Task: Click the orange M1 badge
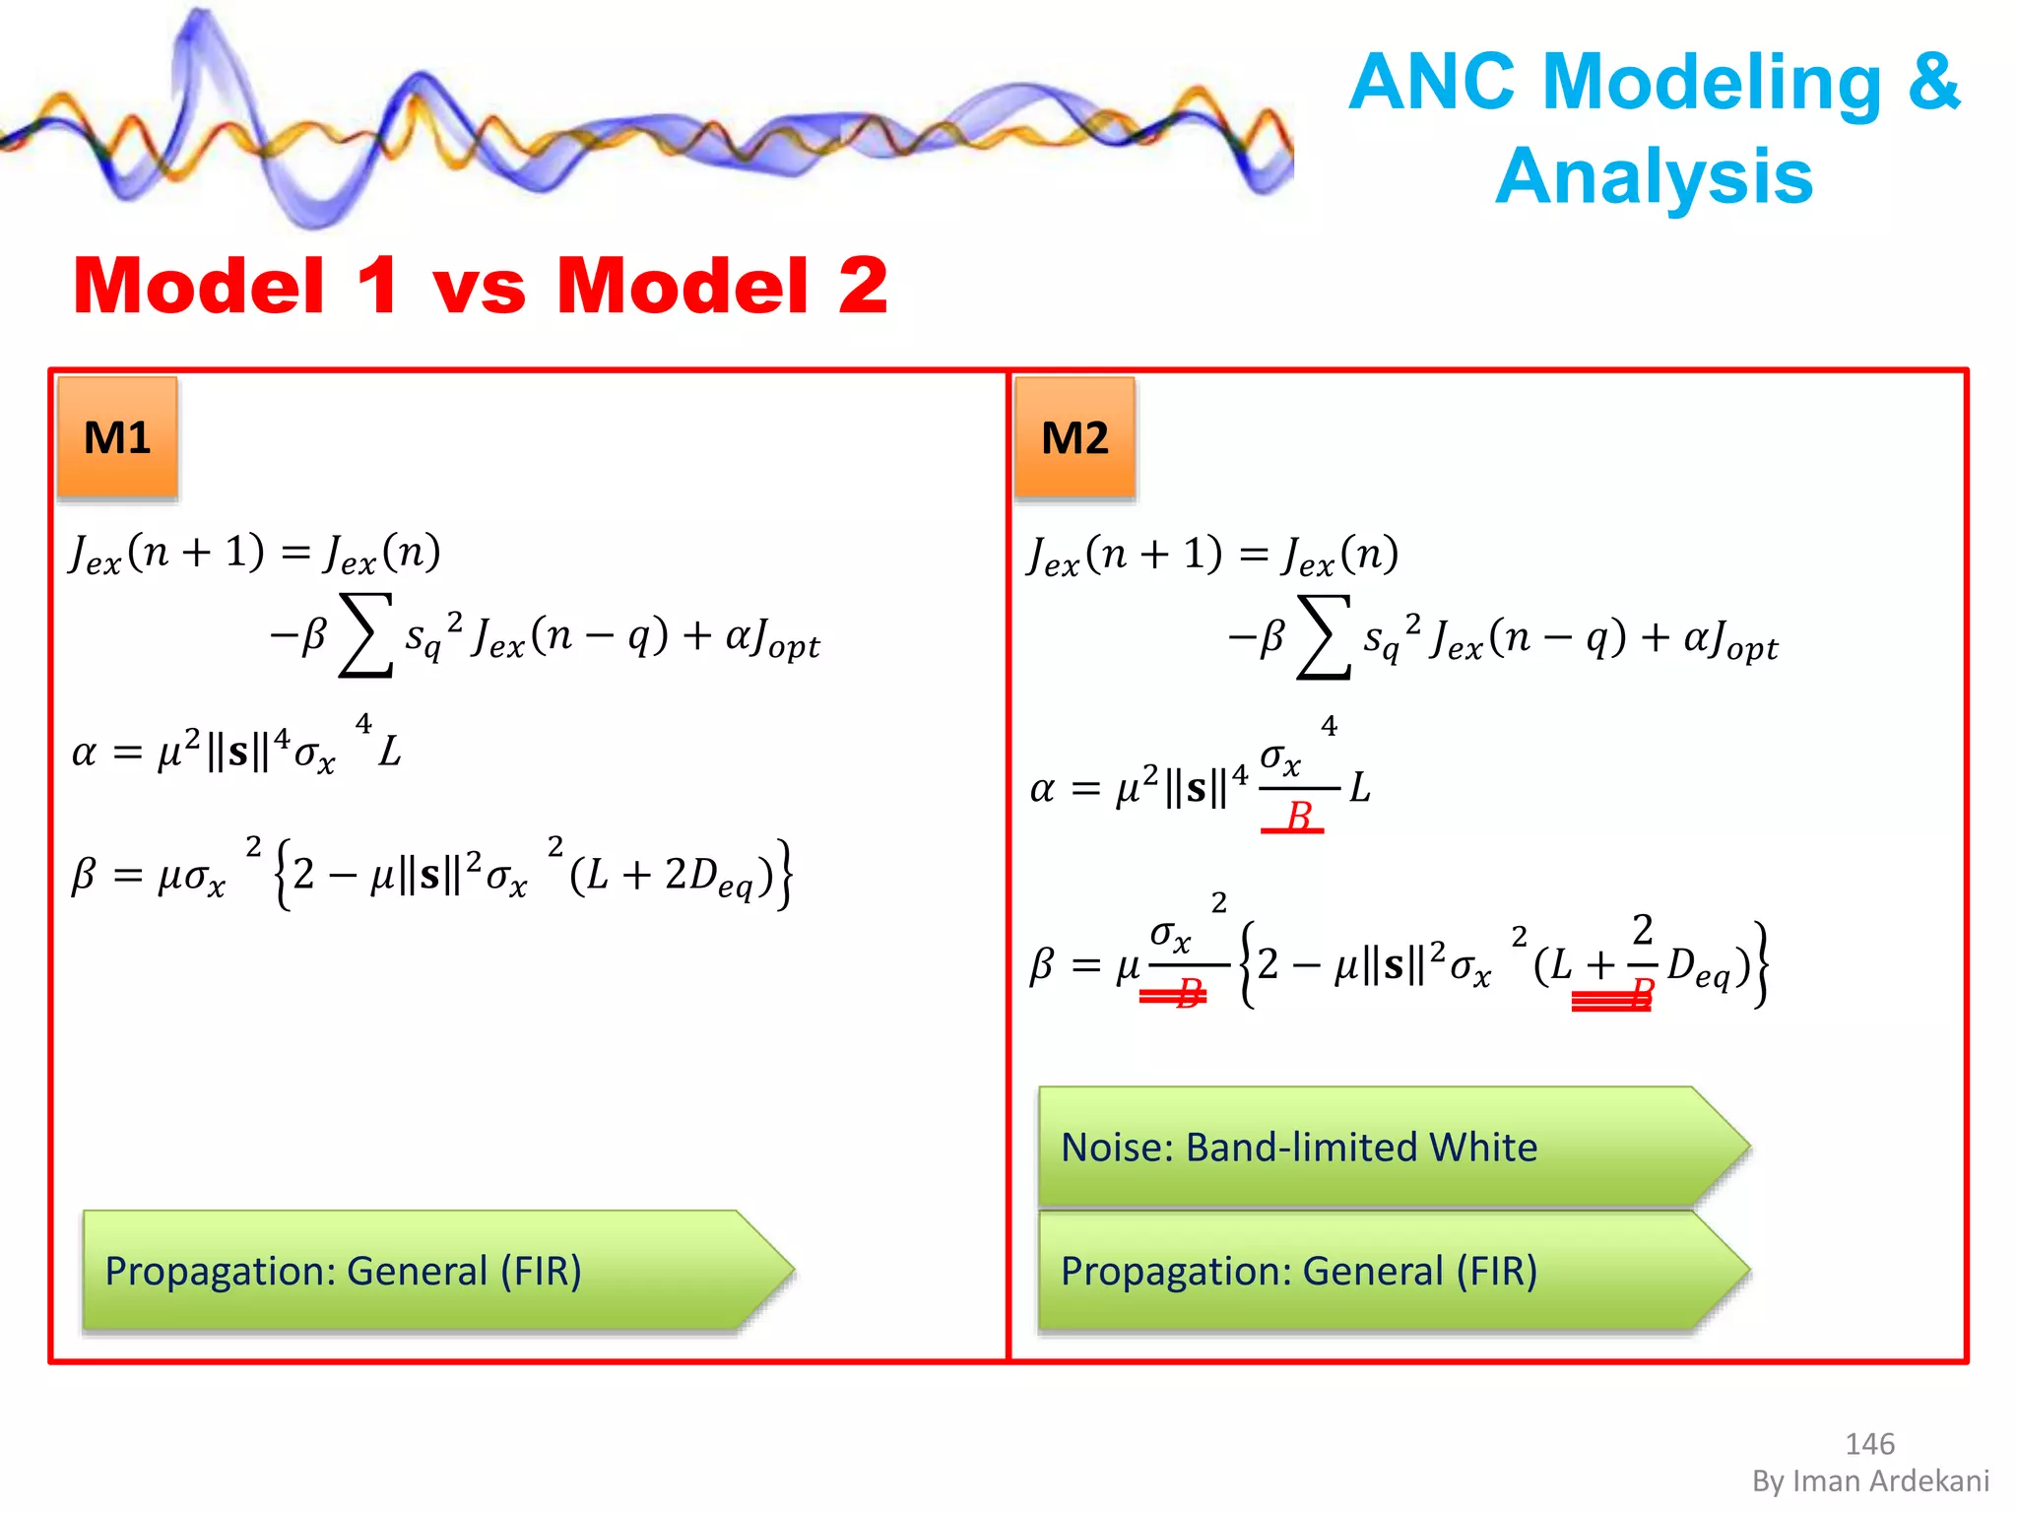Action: point(117,437)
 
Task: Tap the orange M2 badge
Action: point(1074,437)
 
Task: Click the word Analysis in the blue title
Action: point(1654,176)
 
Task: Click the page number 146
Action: point(1869,1444)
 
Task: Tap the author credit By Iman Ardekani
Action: point(1870,1480)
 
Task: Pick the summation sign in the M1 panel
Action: point(365,635)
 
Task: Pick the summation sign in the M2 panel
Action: point(1324,637)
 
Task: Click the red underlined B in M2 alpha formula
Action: point(1298,817)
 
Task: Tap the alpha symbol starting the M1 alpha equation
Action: point(85,754)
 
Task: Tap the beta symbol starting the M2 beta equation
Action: point(1042,965)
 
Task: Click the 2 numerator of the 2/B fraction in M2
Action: point(1642,930)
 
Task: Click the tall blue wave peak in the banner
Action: point(202,39)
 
